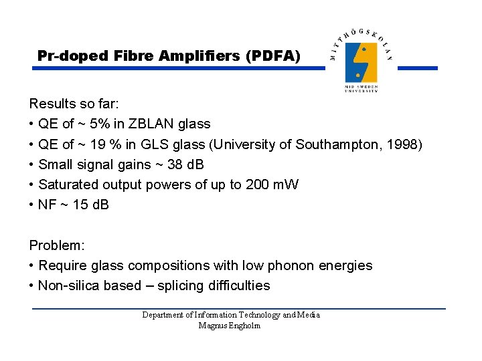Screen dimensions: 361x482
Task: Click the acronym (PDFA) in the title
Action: [273, 56]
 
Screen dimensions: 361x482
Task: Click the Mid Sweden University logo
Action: [361, 62]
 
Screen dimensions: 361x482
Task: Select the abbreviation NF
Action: [48, 205]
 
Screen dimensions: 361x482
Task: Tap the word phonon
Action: [289, 265]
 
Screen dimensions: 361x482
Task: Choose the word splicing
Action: [181, 285]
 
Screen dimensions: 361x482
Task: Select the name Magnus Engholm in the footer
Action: [230, 326]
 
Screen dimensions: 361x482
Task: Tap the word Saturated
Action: [68, 185]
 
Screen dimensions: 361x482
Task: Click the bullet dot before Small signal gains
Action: [32, 164]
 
